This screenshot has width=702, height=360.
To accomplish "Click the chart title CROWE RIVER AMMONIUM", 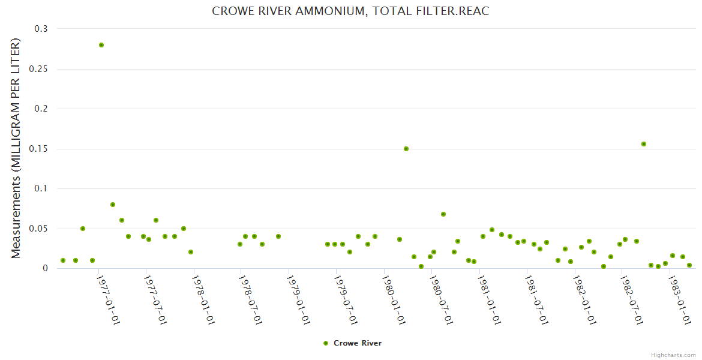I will (x=350, y=11).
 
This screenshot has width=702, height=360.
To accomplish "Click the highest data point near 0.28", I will (x=101, y=45).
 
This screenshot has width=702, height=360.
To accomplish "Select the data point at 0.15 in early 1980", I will (x=406, y=149).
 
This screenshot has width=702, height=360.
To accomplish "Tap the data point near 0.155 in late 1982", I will (x=644, y=144).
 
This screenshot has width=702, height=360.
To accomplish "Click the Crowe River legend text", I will (x=358, y=343).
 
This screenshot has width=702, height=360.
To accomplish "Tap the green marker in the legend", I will (x=326, y=343).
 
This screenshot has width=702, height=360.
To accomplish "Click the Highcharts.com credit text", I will (x=673, y=355).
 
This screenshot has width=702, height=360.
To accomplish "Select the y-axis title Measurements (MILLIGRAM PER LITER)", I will (x=16, y=149).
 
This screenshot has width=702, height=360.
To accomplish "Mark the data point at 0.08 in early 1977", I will (x=113, y=205).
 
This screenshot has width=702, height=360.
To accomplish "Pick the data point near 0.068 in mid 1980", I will (x=443, y=214).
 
